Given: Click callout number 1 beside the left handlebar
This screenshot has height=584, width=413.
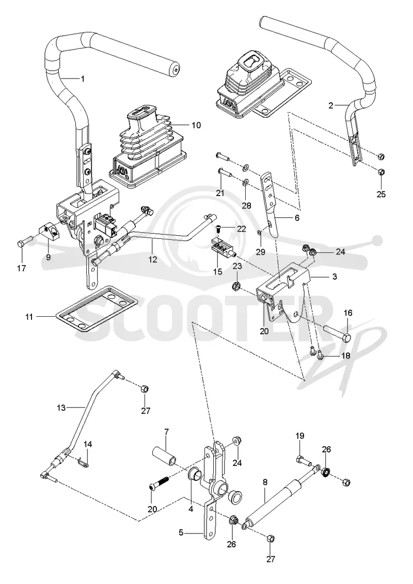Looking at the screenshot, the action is coord(83,78).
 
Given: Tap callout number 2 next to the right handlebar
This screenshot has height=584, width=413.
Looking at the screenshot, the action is coord(330,105).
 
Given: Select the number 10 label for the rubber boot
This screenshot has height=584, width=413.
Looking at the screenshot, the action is coord(196,125).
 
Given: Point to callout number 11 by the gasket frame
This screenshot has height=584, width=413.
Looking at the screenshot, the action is coord(29,317).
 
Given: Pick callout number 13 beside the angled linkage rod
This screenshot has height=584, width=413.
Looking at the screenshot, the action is coord(61,408).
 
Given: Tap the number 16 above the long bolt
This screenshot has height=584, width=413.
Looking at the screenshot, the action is coord(348,313).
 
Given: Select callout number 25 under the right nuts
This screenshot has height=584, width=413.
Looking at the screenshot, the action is coord(381,194).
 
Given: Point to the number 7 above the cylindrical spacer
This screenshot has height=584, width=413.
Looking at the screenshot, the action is coord(167,432).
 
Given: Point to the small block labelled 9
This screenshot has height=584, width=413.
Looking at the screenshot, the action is coord(49,232).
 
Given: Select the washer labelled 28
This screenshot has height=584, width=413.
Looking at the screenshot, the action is coord(246,183).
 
